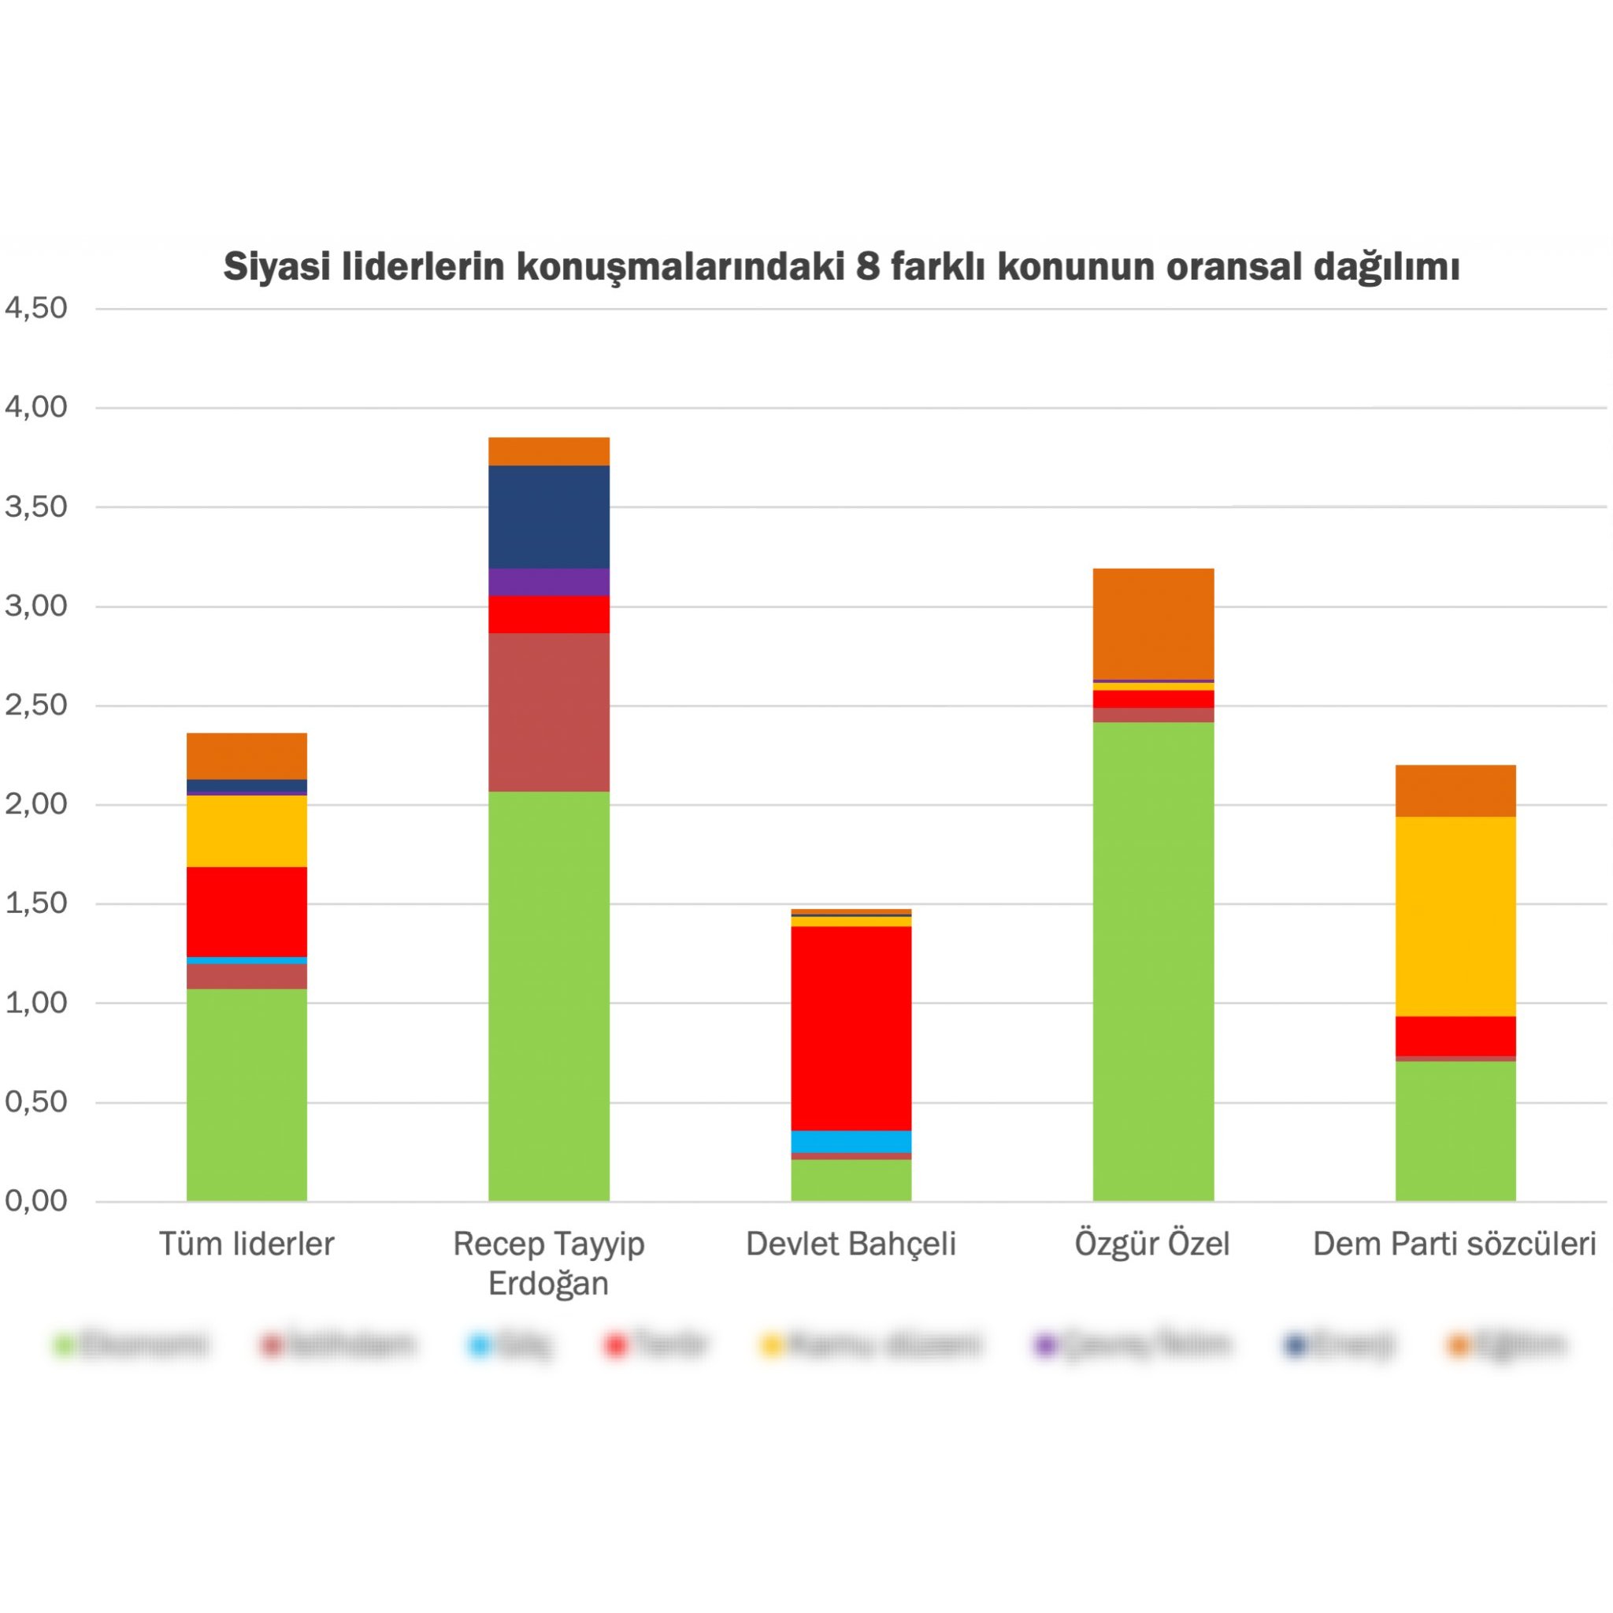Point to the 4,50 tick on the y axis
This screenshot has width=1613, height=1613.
click(x=36, y=308)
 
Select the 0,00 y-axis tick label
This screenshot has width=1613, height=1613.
click(x=36, y=1200)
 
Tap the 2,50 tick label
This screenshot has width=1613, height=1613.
click(x=36, y=705)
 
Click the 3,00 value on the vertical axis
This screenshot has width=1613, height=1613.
click(x=36, y=606)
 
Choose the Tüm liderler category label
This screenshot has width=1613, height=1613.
click(x=247, y=1244)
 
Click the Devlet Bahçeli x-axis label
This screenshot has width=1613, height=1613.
click(x=851, y=1244)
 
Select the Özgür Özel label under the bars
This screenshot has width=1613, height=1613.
click(x=1152, y=1244)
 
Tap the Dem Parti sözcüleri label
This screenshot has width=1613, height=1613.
click(x=1455, y=1244)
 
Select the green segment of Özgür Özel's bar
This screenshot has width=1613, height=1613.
click(x=1153, y=960)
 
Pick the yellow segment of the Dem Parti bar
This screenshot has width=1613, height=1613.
click(x=1455, y=916)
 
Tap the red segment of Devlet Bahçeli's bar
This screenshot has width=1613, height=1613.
click(x=851, y=1028)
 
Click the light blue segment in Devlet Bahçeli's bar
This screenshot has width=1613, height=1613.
click(x=851, y=1141)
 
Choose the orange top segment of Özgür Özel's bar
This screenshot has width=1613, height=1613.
click(x=1153, y=624)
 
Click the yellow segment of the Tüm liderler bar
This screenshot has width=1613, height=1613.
click(x=247, y=831)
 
